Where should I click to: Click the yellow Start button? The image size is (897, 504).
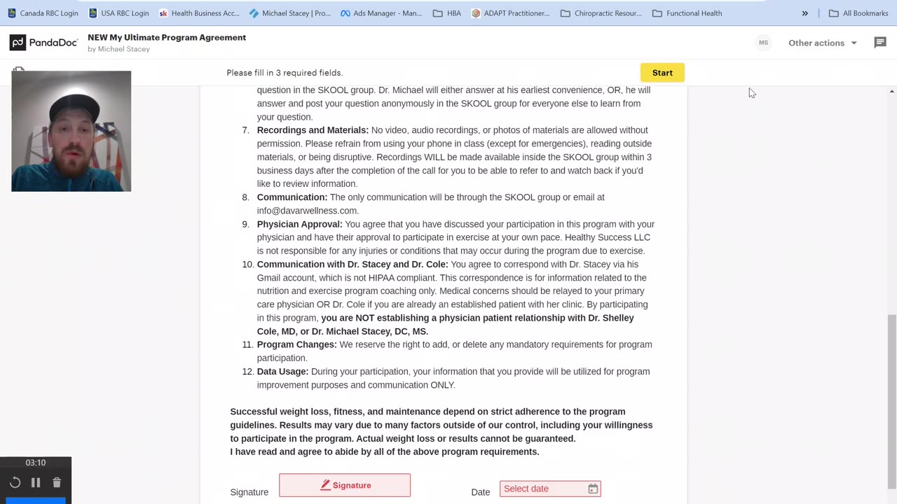pyautogui.click(x=662, y=73)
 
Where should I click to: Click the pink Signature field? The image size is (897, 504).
pyautogui.click(x=345, y=485)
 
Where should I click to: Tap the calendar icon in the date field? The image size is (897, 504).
pyautogui.click(x=593, y=489)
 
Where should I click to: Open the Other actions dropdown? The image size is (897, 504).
pyautogui.click(x=822, y=43)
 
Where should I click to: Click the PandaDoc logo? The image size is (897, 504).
pyautogui.click(x=43, y=43)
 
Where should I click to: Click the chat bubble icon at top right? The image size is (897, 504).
pyautogui.click(x=880, y=43)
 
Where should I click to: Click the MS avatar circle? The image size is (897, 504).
pyautogui.click(x=763, y=43)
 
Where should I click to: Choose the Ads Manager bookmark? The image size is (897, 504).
pyautogui.click(x=381, y=13)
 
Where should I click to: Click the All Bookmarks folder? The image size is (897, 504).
pyautogui.click(x=858, y=13)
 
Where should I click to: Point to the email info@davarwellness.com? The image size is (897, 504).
pyautogui.click(x=307, y=211)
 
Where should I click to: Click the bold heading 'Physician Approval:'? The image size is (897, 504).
pyautogui.click(x=299, y=224)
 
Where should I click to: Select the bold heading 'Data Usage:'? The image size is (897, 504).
pyautogui.click(x=282, y=372)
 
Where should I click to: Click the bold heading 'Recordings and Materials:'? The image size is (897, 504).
pyautogui.click(x=313, y=130)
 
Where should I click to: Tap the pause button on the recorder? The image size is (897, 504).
pyautogui.click(x=36, y=482)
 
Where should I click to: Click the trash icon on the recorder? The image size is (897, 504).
pyautogui.click(x=57, y=482)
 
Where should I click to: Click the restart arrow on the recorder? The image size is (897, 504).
pyautogui.click(x=15, y=482)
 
